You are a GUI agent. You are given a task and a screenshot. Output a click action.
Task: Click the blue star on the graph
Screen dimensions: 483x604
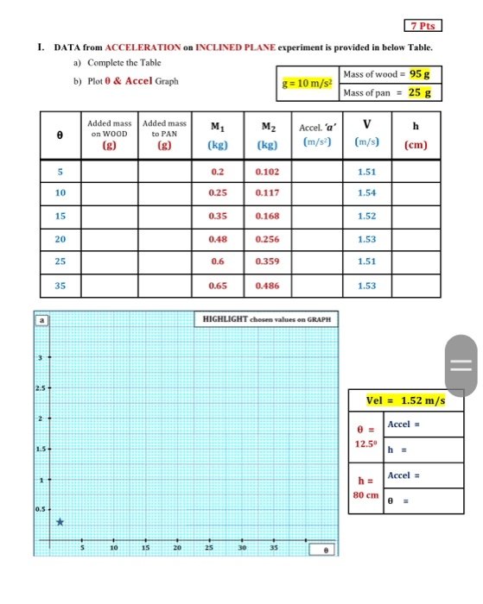click(60, 522)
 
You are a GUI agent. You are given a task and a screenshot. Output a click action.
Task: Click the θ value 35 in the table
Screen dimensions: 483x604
click(60, 283)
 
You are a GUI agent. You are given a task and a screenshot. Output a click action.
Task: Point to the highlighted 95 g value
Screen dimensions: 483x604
click(420, 75)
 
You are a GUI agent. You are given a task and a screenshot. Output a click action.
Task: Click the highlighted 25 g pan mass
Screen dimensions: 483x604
click(420, 92)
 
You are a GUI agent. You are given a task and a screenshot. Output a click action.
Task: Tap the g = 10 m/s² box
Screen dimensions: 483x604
click(308, 84)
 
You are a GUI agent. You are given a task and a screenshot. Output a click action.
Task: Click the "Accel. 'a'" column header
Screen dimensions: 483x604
click(317, 134)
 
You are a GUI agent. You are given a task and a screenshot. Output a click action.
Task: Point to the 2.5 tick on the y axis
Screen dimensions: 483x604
click(40, 387)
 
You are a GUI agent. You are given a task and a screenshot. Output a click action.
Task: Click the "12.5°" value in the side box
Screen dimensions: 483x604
click(366, 443)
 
